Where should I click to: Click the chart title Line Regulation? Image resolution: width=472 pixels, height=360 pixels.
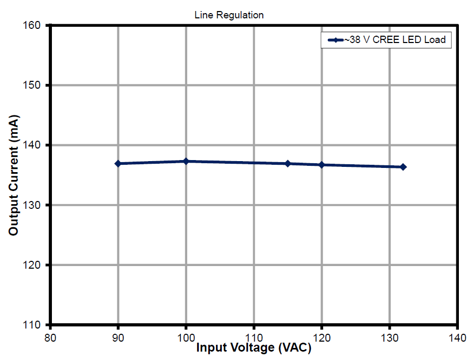pyautogui.click(x=229, y=15)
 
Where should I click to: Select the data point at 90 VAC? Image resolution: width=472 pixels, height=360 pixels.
pyautogui.click(x=118, y=164)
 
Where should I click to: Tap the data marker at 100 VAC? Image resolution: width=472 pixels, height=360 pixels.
pyautogui.click(x=186, y=161)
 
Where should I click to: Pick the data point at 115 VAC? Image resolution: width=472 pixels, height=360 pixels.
pyautogui.click(x=287, y=164)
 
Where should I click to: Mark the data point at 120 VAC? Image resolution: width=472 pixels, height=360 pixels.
pyautogui.click(x=321, y=165)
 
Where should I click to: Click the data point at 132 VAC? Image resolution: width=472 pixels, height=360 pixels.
pyautogui.click(x=403, y=167)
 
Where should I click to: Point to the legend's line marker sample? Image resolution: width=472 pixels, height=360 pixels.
pyautogui.click(x=335, y=40)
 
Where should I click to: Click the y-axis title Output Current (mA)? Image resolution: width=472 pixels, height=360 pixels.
pyautogui.click(x=14, y=175)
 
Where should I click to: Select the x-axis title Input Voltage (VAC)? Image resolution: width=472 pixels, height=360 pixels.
pyautogui.click(x=254, y=347)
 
